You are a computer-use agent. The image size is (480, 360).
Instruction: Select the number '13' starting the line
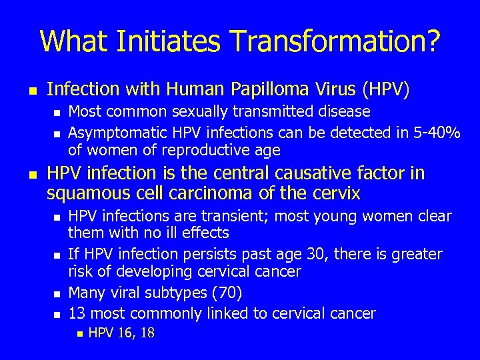pos(78,312)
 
